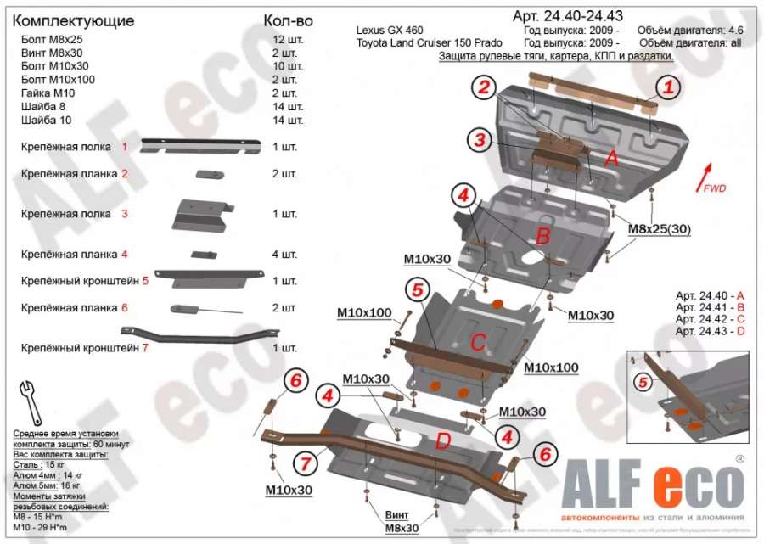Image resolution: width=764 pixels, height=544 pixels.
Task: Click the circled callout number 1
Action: coord(669,86)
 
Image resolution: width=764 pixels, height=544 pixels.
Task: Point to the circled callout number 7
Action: coord(304,463)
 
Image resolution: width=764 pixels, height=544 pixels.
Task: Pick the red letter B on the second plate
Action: coord(543,235)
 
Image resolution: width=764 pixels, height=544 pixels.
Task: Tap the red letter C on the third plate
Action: coord(478,342)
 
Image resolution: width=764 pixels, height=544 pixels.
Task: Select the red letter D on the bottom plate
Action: coord(442,440)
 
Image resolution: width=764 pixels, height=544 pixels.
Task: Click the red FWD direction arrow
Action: coord(700,176)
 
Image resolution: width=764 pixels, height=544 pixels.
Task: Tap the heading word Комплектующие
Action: coord(74,20)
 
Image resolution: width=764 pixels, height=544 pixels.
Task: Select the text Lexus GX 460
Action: coord(390,31)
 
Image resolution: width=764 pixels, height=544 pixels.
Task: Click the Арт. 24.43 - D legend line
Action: coord(710,330)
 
